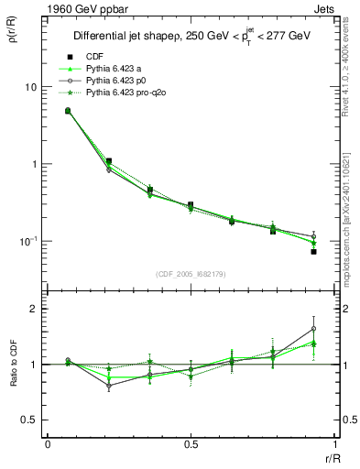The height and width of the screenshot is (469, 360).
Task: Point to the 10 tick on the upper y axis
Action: [x=29, y=87]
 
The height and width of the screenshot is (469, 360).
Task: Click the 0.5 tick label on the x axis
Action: [x=191, y=444]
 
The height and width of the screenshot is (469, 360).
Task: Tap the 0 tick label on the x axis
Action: [x=48, y=444]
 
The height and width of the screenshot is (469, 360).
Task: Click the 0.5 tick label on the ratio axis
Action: [x=29, y=420]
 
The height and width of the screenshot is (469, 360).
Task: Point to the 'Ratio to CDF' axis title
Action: [x=12, y=365]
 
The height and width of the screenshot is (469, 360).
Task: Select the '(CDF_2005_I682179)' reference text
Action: [x=191, y=273]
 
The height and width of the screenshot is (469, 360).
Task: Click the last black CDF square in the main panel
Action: [x=313, y=252]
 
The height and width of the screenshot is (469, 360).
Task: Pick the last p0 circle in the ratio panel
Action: [x=313, y=329]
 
